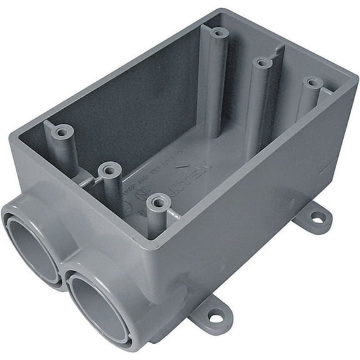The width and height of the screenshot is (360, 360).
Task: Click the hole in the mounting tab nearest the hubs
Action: (x=216, y=317)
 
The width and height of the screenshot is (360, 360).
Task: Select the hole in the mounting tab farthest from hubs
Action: (x=317, y=217)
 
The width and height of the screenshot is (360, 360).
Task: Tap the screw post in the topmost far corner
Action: (x=218, y=32)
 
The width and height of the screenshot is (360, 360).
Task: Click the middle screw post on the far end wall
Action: (x=262, y=62)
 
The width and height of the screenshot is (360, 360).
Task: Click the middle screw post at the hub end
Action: (x=109, y=169)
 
